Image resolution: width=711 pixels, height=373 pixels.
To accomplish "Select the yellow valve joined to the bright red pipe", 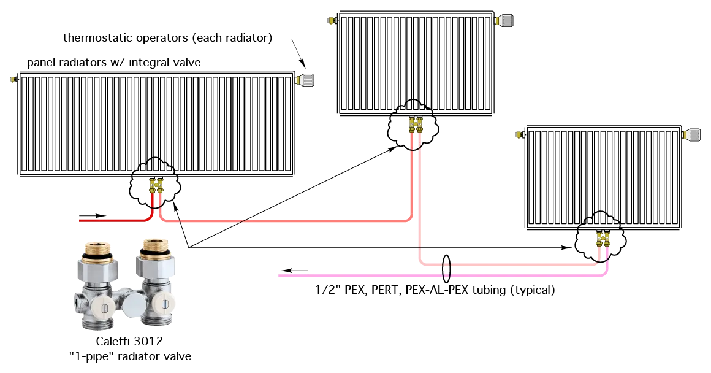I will (156, 185).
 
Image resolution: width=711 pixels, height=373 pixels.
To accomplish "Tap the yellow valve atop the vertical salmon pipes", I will (416, 125).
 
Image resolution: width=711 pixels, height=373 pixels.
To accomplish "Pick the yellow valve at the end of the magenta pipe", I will (603, 237).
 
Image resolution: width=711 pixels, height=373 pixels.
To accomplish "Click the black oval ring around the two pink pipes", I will (446, 270).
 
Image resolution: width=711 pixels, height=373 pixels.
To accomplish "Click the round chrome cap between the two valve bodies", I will (134, 304).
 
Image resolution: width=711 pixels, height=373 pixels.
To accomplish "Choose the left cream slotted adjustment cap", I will (104, 307).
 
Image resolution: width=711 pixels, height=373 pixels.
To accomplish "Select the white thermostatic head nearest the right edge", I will (691, 135).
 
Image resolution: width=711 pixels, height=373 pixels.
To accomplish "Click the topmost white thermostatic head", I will (504, 21).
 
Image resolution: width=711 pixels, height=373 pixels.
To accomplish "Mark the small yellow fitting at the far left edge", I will (13, 79).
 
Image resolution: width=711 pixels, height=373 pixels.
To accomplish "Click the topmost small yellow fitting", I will (331, 20).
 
